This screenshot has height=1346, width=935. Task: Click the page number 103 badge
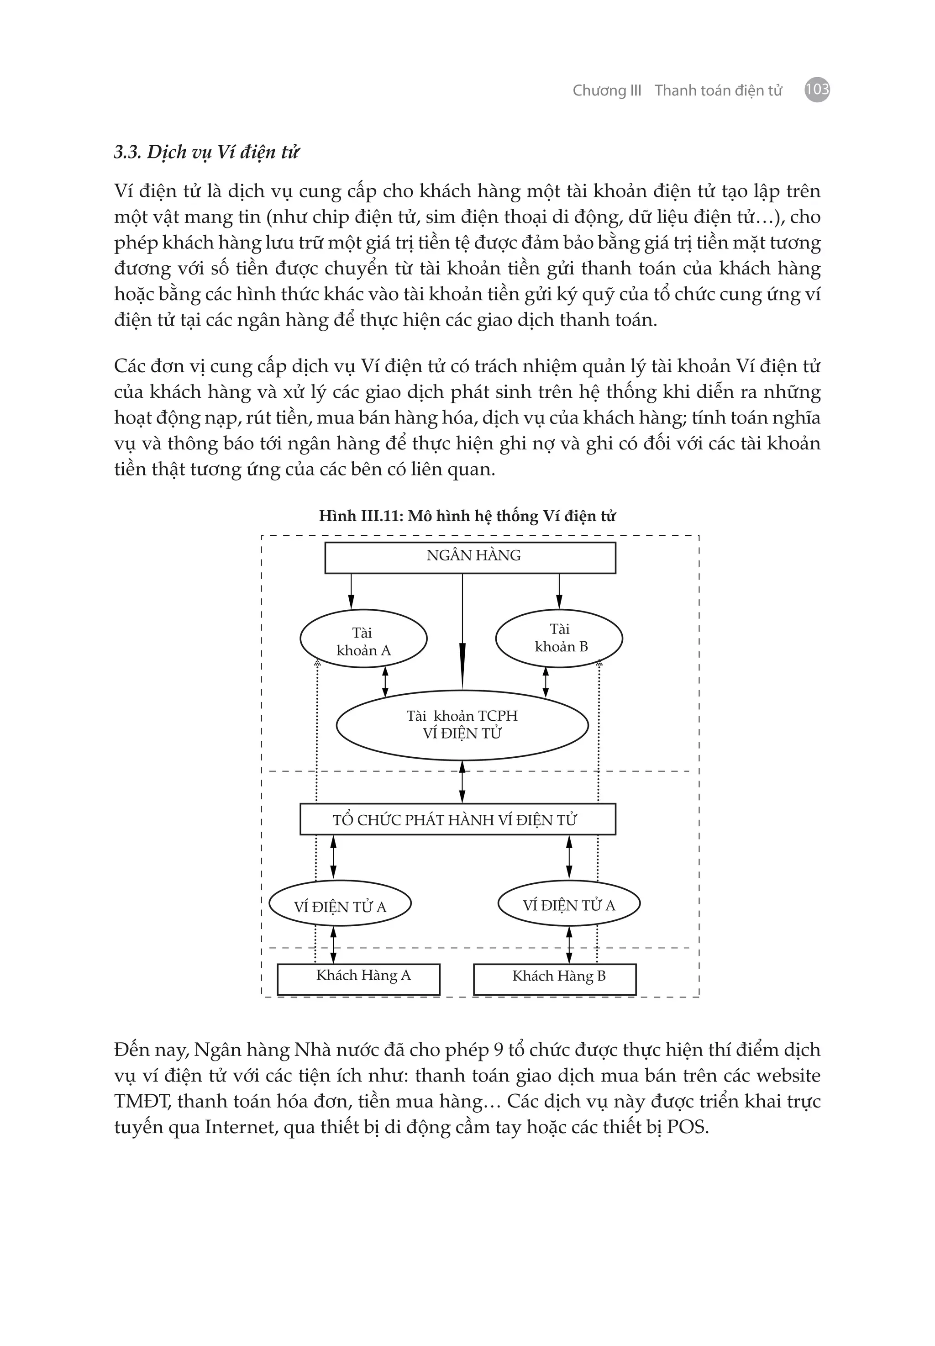[817, 90]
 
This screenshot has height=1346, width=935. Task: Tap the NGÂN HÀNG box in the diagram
[470, 557]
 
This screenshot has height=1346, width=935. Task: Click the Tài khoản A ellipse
[363, 639]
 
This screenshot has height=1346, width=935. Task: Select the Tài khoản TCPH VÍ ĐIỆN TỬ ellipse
[462, 725]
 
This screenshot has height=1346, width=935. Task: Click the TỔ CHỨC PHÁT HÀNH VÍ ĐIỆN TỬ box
[457, 819]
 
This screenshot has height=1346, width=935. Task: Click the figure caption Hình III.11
[467, 516]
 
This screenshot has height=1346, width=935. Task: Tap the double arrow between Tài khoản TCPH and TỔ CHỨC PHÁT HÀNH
[462, 781]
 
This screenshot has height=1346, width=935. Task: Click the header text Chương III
[607, 90]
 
